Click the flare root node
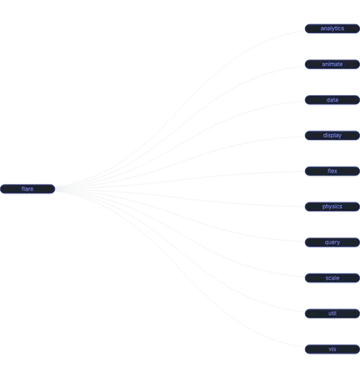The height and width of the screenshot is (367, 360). [x=28, y=189]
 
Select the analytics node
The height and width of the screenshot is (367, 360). [x=332, y=29]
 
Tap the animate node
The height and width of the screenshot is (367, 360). [x=332, y=64]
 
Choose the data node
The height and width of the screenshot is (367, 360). [x=332, y=100]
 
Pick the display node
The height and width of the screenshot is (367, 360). [x=332, y=136]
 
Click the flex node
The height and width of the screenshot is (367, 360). [x=332, y=171]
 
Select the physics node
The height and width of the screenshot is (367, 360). [x=332, y=207]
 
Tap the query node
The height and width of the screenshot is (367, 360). [x=332, y=242]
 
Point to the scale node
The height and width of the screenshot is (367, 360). [x=332, y=278]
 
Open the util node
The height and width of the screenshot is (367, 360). [x=332, y=314]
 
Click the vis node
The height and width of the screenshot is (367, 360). [x=332, y=349]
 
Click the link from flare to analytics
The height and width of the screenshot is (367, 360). [x=180, y=109]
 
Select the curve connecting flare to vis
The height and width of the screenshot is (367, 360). [x=180, y=269]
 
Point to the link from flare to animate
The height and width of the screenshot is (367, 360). [x=180, y=127]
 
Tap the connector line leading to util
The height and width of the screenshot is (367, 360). [x=180, y=251]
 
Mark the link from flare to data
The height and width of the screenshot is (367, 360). [x=180, y=145]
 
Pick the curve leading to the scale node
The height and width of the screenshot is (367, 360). [x=180, y=234]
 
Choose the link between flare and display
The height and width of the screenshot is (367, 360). [x=180, y=162]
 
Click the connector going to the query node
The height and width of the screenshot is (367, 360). [x=180, y=216]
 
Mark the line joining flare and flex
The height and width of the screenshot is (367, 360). [x=180, y=180]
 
